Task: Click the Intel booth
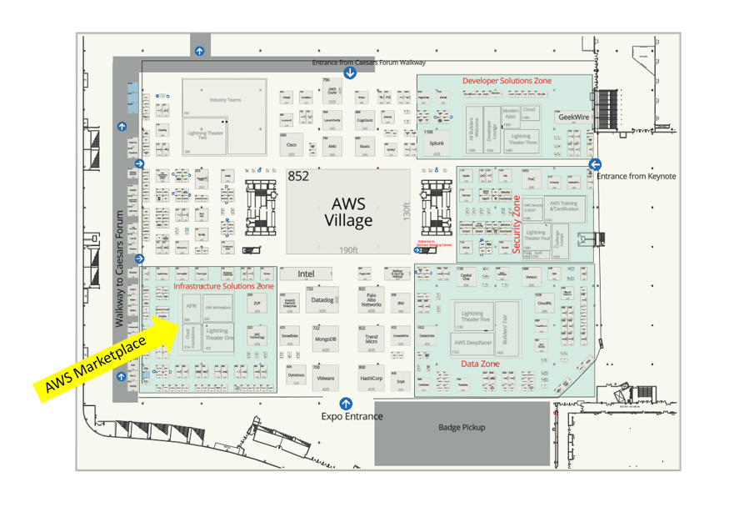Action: tap(306, 274)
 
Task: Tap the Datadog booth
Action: tap(322, 300)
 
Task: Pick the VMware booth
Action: tap(325, 378)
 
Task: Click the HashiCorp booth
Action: tap(371, 378)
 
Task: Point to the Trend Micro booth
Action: tap(372, 339)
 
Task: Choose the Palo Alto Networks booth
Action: tap(371, 300)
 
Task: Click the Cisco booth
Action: tap(292, 145)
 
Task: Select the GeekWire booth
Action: tap(573, 118)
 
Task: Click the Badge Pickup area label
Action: tap(462, 428)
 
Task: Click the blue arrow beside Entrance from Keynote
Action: tap(595, 164)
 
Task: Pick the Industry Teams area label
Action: tap(225, 100)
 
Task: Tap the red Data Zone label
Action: tap(481, 364)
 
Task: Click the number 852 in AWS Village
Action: tap(298, 177)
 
